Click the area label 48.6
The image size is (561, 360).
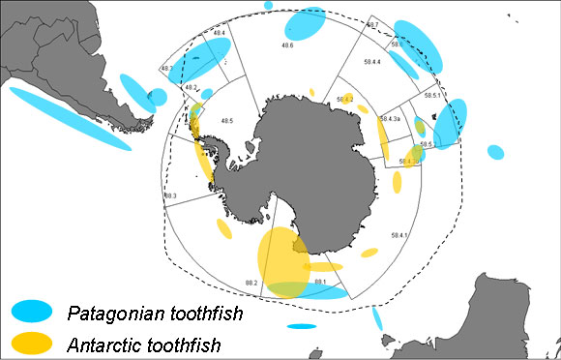click(x=287, y=45)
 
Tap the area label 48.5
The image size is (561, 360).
click(x=226, y=121)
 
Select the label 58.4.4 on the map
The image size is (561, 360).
click(x=370, y=63)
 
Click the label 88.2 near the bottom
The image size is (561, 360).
click(x=251, y=282)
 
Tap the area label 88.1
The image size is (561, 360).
click(x=318, y=282)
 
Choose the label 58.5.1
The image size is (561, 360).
click(x=431, y=95)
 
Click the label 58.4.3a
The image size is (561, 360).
click(x=391, y=118)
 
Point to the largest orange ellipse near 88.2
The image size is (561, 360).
click(x=280, y=256)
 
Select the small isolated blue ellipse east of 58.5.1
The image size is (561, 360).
click(x=495, y=152)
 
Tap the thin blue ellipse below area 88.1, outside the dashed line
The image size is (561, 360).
click(x=302, y=326)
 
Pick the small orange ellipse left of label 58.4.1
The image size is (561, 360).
click(x=369, y=253)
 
